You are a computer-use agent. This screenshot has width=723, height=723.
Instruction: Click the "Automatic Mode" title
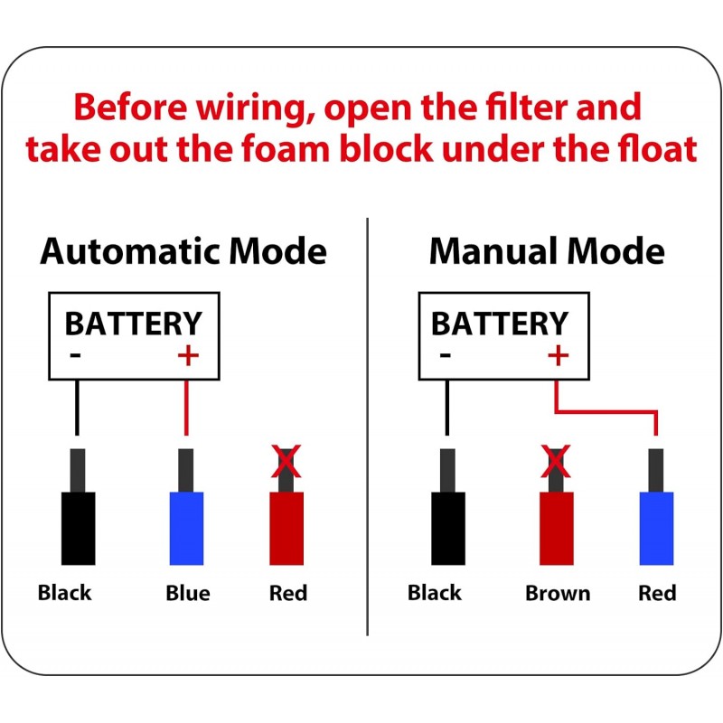pyautogui.click(x=183, y=251)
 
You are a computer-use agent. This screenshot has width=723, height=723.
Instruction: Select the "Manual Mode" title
pyautogui.click(x=547, y=251)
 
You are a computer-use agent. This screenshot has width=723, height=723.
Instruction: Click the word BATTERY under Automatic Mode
pyautogui.click(x=134, y=323)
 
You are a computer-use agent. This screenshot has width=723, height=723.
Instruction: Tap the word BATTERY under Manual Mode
pyautogui.click(x=500, y=323)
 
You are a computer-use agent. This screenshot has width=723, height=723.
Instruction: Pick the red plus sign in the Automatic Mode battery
pyautogui.click(x=187, y=355)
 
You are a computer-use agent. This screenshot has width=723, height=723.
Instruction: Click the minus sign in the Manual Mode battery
pyautogui.click(x=445, y=355)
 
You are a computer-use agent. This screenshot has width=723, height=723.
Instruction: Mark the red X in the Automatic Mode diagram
pyautogui.click(x=286, y=463)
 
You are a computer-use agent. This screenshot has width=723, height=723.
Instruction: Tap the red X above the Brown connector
pyautogui.click(x=556, y=463)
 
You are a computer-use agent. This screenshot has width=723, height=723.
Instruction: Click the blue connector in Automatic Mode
pyautogui.click(x=186, y=528)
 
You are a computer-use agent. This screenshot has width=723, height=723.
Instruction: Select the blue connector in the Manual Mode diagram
pyautogui.click(x=656, y=528)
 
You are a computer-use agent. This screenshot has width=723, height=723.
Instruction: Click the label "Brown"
pyautogui.click(x=558, y=594)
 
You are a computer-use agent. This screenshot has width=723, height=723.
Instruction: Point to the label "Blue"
pyautogui.click(x=188, y=594)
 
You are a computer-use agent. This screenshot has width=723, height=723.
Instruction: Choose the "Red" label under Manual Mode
pyautogui.click(x=657, y=594)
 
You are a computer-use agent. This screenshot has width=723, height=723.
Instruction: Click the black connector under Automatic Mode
pyautogui.click(x=78, y=528)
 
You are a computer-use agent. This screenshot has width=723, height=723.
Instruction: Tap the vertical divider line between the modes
pyautogui.click(x=368, y=425)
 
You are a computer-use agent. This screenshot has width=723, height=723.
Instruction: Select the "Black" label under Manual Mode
pyautogui.click(x=435, y=594)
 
